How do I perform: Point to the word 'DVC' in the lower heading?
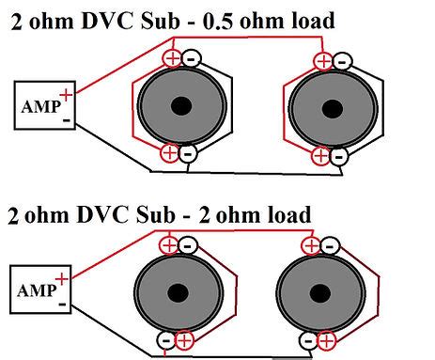(x=101, y=216)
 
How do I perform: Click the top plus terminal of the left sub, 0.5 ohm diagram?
(x=172, y=58)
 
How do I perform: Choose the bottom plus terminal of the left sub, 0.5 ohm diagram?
(x=170, y=153)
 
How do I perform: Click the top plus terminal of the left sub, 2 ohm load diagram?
(x=169, y=245)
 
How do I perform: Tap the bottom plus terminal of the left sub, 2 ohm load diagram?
(x=184, y=340)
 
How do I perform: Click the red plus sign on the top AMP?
(x=66, y=94)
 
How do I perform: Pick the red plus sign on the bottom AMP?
(x=61, y=278)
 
